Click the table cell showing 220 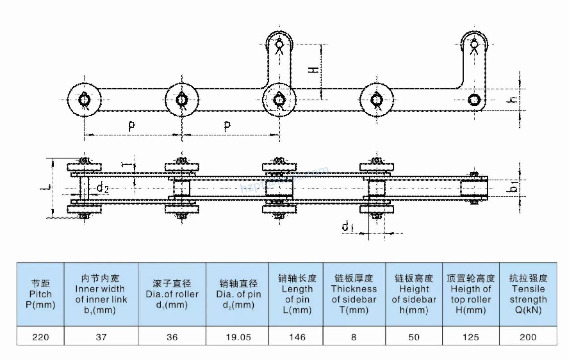pyautogui.click(x=40, y=337)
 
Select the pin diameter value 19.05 pyautogui.click(x=238, y=337)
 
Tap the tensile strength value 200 pyautogui.click(x=528, y=337)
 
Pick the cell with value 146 pyautogui.click(x=297, y=337)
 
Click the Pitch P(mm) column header pyautogui.click(x=40, y=294)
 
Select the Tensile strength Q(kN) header pyautogui.click(x=528, y=294)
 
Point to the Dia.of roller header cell pyautogui.click(x=172, y=294)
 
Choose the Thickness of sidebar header pyautogui.click(x=354, y=294)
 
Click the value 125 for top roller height pyautogui.click(x=471, y=337)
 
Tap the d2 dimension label pyautogui.click(x=102, y=188)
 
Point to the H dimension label pyautogui.click(x=313, y=70)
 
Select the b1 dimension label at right pyautogui.click(x=513, y=187)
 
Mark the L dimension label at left pyautogui.click(x=46, y=187)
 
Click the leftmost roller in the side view pyautogui.click(x=84, y=99)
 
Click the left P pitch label pyautogui.click(x=131, y=126)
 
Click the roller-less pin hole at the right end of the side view pyautogui.click(x=474, y=99)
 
